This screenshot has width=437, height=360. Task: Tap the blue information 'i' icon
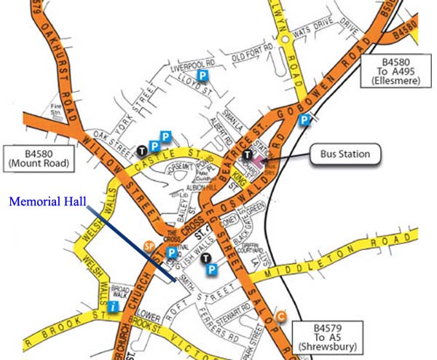pos(114,308)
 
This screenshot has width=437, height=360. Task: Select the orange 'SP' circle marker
pos(149,246)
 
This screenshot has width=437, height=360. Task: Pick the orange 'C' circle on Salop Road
pos(281,315)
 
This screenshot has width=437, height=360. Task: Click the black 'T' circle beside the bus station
pos(248,154)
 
